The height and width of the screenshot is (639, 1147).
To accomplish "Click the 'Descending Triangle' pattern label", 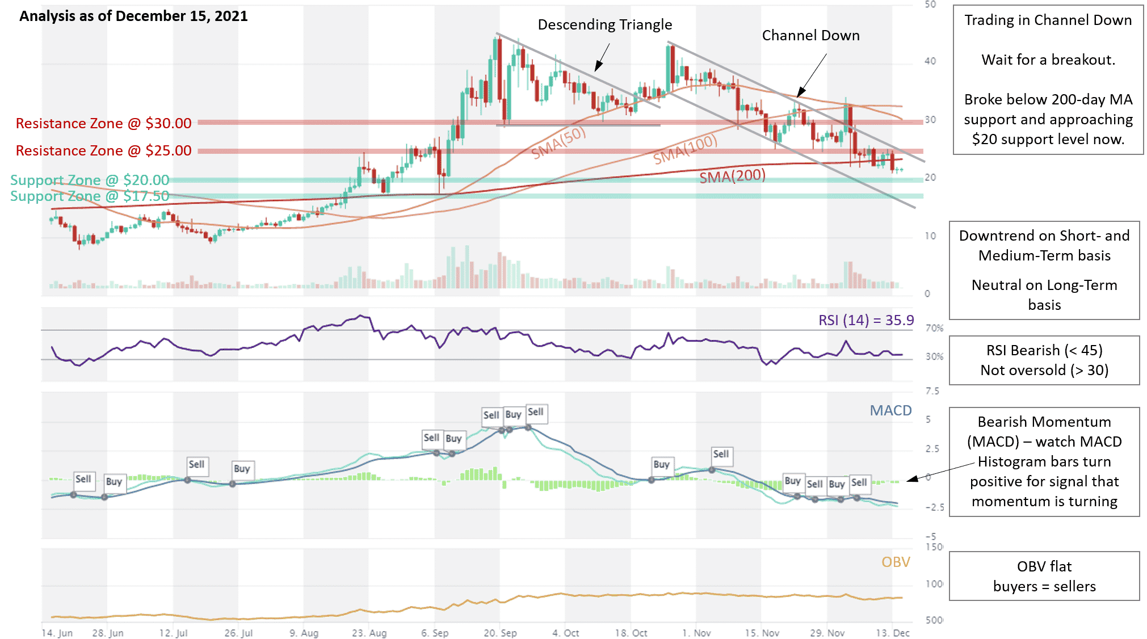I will click(x=604, y=25).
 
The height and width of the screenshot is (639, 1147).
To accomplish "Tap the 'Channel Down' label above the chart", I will click(x=810, y=36).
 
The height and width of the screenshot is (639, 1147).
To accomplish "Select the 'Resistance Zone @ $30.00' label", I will click(x=103, y=124).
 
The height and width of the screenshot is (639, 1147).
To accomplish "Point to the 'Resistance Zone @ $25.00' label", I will click(x=103, y=151).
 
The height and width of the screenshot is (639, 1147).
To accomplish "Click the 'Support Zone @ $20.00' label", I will click(x=90, y=180).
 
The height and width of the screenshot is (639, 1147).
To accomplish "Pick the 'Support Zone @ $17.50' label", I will click(x=90, y=196).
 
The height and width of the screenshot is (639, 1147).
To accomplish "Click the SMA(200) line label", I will click(x=732, y=177).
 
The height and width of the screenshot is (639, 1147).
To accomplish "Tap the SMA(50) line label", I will click(x=558, y=142).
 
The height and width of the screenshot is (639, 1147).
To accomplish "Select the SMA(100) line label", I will click(x=685, y=150).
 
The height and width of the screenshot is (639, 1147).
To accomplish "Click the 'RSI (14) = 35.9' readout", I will click(x=865, y=321).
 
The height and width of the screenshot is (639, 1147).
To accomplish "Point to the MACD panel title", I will click(x=890, y=411).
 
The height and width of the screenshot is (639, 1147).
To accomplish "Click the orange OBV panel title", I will click(x=896, y=562).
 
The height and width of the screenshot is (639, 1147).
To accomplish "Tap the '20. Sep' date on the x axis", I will click(x=500, y=633).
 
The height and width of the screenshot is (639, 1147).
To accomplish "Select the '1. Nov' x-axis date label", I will click(x=696, y=633).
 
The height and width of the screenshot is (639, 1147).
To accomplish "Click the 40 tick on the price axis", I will click(x=930, y=61).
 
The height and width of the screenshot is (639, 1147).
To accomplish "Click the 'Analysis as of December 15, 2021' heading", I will click(x=133, y=16).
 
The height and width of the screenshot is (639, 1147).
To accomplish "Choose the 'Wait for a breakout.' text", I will click(x=1048, y=60).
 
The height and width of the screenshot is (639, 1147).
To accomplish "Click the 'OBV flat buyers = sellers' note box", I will click(x=1044, y=576).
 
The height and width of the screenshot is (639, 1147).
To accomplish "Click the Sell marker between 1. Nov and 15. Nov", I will click(x=721, y=454).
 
